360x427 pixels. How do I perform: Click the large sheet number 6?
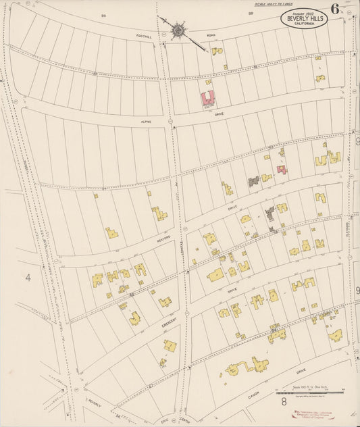click(335, 9)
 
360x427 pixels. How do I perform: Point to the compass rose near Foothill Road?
click(178, 30)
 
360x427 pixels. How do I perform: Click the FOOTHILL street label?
click(144, 37)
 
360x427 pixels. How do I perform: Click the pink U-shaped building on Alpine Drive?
click(207, 98)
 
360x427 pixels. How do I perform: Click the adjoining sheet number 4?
click(28, 277)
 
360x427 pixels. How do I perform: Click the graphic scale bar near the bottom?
click(311, 392)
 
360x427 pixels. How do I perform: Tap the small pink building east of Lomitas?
click(282, 169)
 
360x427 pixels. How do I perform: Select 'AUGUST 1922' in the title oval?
click(305, 13)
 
